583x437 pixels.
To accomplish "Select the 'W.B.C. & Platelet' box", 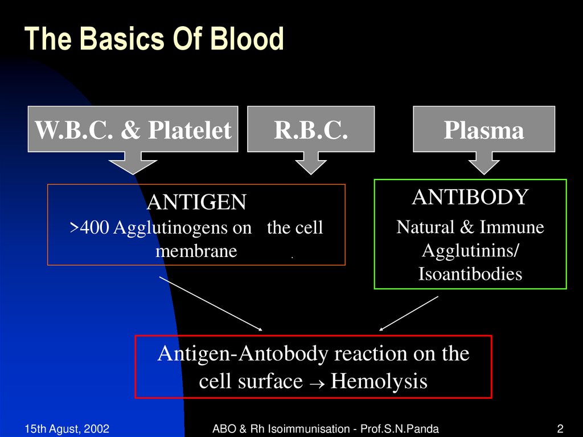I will [x=133, y=129].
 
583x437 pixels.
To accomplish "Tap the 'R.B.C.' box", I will [x=311, y=129].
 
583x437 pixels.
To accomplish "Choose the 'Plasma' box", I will [x=483, y=129].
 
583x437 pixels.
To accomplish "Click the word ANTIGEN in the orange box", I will [x=196, y=202].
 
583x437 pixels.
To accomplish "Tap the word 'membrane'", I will [x=196, y=251].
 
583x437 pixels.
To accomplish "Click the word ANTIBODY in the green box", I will [x=470, y=197].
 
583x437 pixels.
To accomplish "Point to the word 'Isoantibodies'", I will [x=470, y=274].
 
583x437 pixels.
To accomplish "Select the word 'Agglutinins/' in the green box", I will [x=470, y=251].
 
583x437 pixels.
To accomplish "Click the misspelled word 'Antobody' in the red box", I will [x=284, y=354].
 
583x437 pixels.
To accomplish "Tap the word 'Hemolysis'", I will [x=379, y=381].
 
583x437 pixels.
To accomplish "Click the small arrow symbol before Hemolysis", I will [x=316, y=382].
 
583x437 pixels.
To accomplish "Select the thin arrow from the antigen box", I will [x=211, y=304].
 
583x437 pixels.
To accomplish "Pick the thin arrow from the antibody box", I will [x=409, y=313].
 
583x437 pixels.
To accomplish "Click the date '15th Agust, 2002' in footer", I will [x=67, y=428].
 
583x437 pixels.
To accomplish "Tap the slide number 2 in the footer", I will [x=560, y=428].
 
